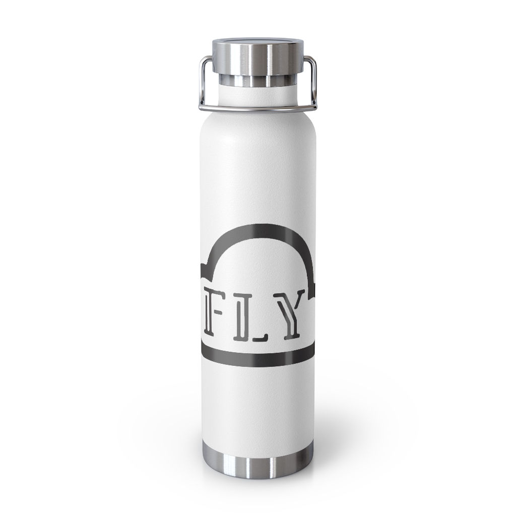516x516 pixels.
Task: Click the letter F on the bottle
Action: click(215, 321)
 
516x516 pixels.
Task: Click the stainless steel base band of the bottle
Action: click(258, 467)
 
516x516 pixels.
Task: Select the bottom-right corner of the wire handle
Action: click(314, 105)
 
